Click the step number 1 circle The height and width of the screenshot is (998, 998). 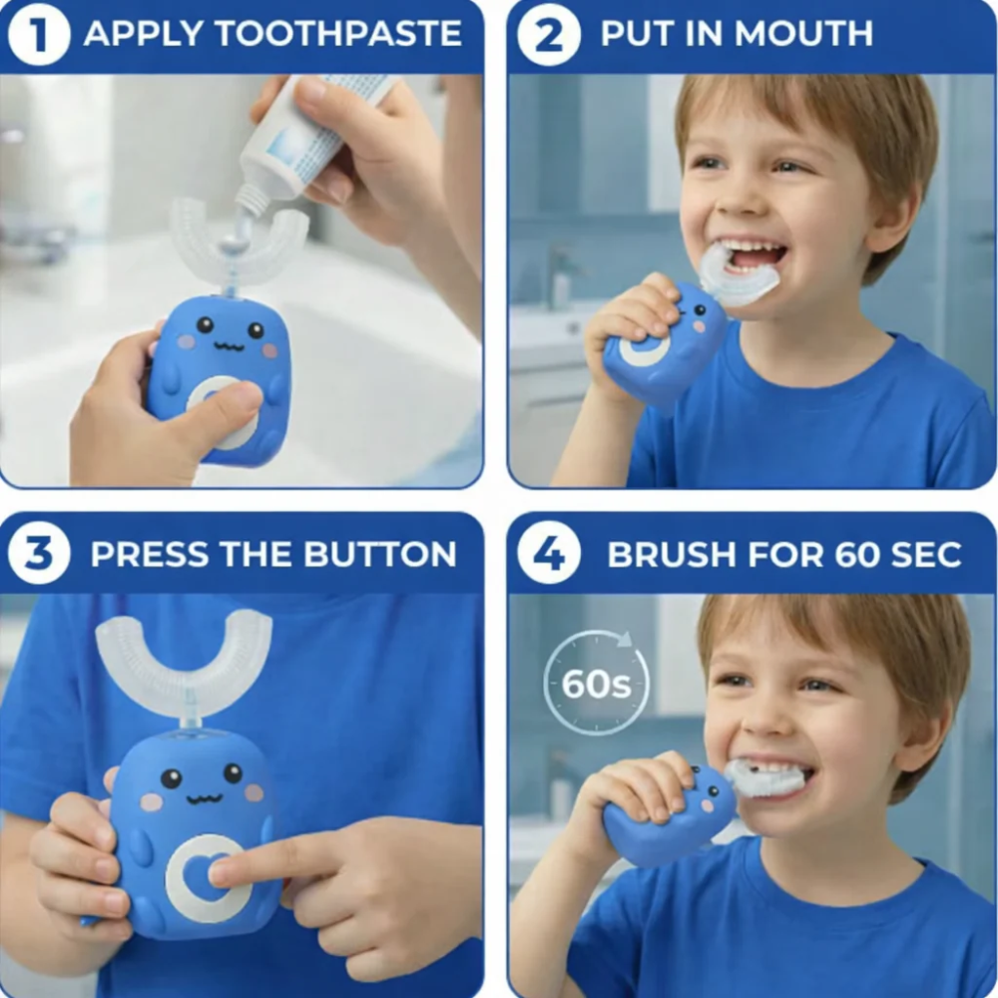tap(39, 34)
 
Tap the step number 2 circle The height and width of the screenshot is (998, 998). tap(549, 34)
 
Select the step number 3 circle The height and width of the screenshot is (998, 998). tap(39, 554)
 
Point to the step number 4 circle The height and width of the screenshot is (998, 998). tap(549, 554)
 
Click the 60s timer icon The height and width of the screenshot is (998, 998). tap(596, 684)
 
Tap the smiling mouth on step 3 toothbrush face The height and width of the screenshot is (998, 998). tap(204, 798)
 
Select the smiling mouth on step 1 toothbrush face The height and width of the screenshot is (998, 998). tap(229, 346)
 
